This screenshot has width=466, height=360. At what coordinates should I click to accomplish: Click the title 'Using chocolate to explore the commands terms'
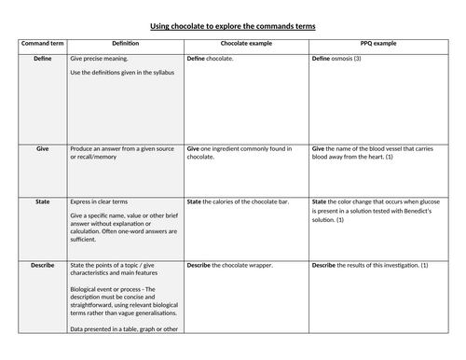[x=233, y=26]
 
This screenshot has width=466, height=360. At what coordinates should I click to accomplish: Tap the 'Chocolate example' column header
[x=246, y=44]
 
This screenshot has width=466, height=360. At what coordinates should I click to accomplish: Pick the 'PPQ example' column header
[x=384, y=44]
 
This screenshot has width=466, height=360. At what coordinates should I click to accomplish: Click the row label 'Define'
[x=42, y=58]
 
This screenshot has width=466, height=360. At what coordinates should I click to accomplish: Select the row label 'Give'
[x=42, y=147]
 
